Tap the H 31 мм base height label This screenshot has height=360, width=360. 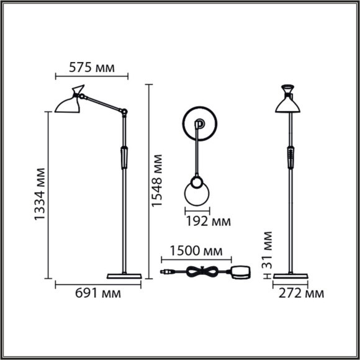tap(268, 255)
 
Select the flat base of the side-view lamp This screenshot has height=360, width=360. tap(125, 275)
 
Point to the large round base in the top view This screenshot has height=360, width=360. tap(199, 124)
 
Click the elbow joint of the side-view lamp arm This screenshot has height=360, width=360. tap(124, 112)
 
